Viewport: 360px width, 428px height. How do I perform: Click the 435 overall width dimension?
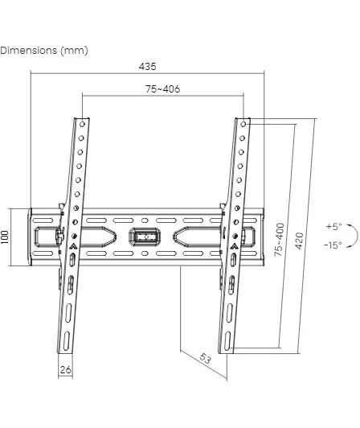tap(148, 67)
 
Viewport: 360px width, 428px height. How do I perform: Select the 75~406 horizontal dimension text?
tap(162, 89)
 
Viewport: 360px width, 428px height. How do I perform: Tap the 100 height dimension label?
tap(5, 237)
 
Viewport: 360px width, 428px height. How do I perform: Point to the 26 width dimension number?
tap(65, 369)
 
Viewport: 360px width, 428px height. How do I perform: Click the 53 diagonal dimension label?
tap(206, 358)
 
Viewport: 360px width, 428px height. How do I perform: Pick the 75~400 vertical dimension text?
tap(280, 240)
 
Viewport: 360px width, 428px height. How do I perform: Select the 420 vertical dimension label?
tap(299, 241)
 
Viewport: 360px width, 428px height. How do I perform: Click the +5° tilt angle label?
tap(334, 226)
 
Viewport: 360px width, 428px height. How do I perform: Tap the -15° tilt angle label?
tap(333, 245)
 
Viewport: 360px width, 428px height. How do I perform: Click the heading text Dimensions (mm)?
tap(44, 51)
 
